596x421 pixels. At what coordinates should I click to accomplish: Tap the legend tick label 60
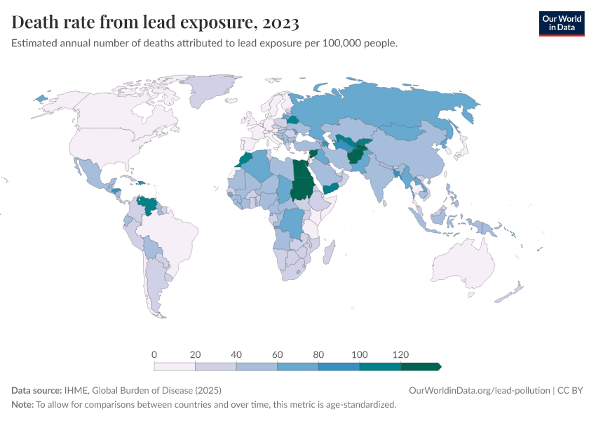click(277, 354)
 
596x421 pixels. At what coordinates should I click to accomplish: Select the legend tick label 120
click(400, 354)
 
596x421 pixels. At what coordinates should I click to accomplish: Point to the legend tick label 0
click(154, 354)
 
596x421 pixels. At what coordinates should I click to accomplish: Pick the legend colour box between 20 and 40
click(216, 366)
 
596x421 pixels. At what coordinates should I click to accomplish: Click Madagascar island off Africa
click(330, 250)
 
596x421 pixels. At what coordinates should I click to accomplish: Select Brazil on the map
click(175, 235)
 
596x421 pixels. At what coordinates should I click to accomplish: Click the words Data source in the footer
click(36, 390)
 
